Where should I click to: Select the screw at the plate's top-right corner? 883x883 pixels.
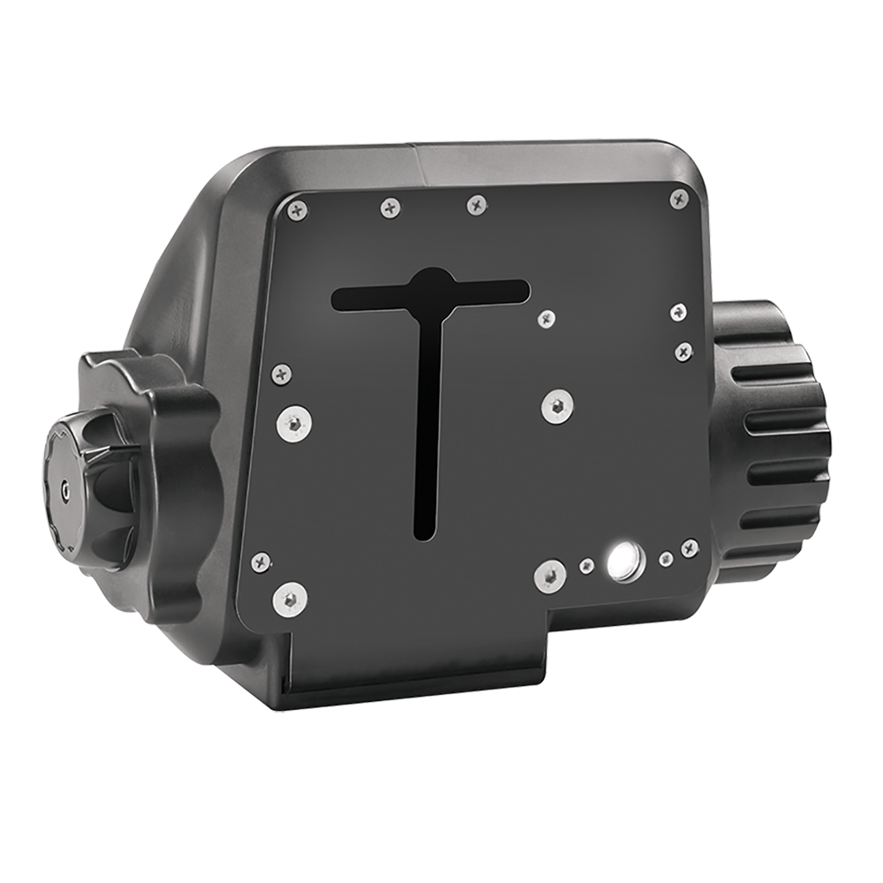pyautogui.click(x=679, y=198)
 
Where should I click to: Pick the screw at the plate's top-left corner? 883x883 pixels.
pyautogui.click(x=296, y=209)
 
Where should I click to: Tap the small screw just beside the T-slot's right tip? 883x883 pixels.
pyautogui.click(x=547, y=316)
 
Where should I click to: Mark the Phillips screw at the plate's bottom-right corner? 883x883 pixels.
pyautogui.click(x=690, y=547)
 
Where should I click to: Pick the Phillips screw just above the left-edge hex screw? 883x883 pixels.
pyautogui.click(x=282, y=374)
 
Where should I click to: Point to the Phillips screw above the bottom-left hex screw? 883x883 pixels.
pyautogui.click(x=261, y=561)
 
